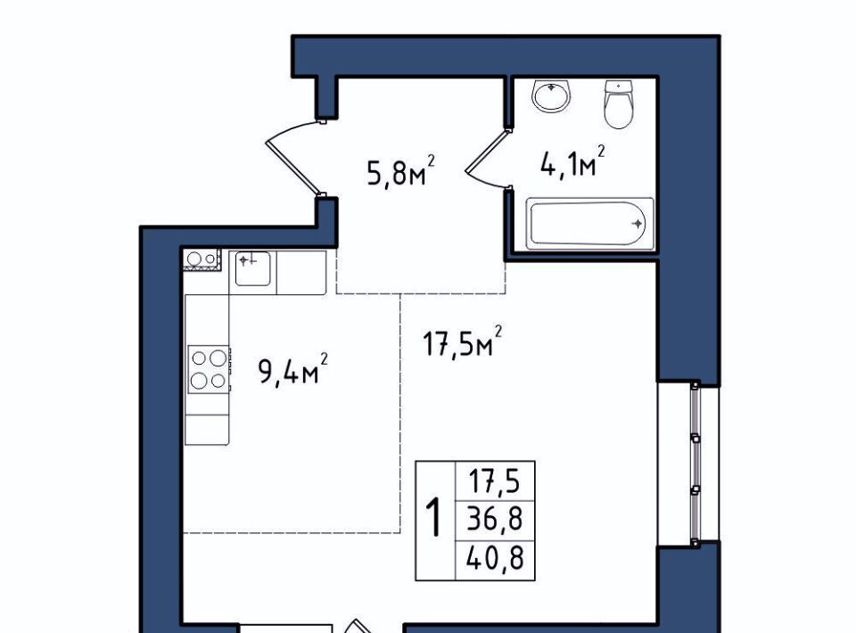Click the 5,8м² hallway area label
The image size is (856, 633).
401,171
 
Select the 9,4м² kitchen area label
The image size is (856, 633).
292,369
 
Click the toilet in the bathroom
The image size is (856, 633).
619,104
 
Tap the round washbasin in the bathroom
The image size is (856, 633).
551,96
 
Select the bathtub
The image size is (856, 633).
589,224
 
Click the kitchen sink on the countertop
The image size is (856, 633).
252,268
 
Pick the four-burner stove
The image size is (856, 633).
209,369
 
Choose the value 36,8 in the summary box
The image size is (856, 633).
495,519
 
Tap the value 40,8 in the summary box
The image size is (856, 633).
495,558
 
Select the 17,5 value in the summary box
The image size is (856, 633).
494,481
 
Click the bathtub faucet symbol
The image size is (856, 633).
637,224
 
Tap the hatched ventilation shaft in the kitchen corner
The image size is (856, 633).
202,259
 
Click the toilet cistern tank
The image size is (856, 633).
619,86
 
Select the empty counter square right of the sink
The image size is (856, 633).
301,273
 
